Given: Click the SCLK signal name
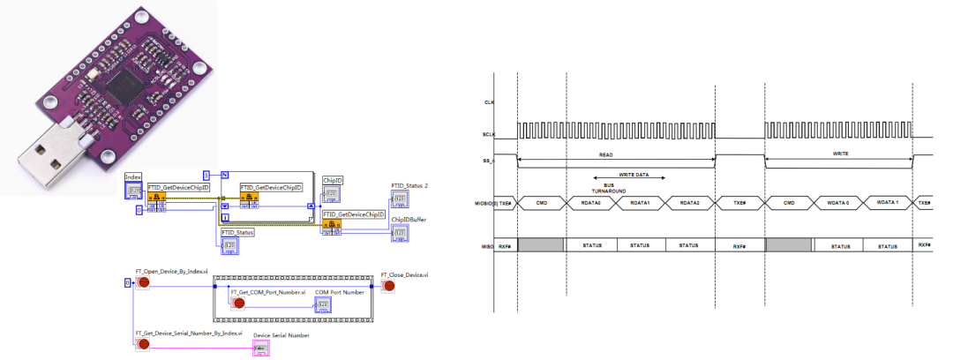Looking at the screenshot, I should [488, 132].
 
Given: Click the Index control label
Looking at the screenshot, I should [133, 177].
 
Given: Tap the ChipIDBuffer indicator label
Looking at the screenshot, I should [408, 219].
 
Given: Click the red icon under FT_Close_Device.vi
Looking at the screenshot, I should [388, 288].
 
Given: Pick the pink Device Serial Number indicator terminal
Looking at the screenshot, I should [262, 349].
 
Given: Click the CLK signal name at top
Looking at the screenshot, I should [489, 102].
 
